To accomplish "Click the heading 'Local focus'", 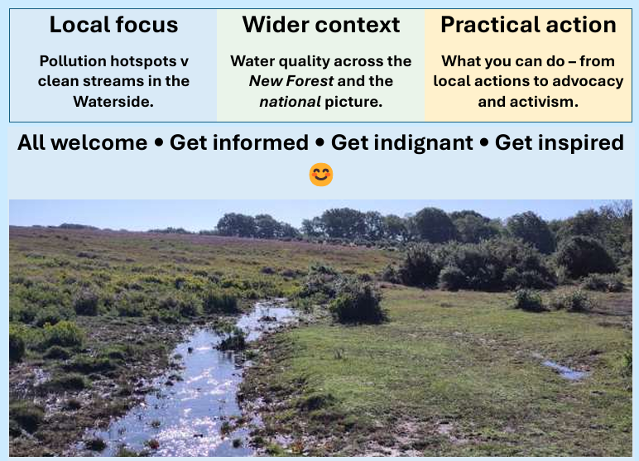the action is [113, 25].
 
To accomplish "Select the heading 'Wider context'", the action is [321, 25].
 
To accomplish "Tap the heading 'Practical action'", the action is [529, 25].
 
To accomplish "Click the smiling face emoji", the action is [321, 175].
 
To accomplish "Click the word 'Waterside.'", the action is [113, 102].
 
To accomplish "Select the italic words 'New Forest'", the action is [291, 81].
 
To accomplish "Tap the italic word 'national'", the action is [290, 102].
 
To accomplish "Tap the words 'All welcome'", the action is [82, 142].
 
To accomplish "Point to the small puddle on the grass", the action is [565, 368].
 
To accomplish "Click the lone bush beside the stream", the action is [357, 303].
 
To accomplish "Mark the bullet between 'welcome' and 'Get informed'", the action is [159, 142].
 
